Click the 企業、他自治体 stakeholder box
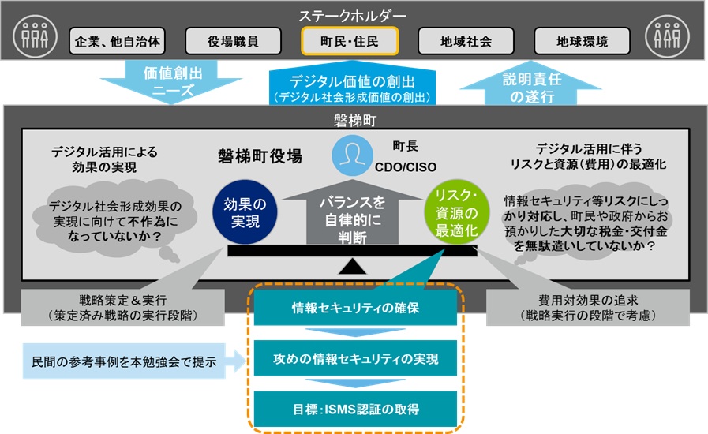pyautogui.click(x=117, y=41)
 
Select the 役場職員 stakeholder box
pyautogui.click(x=233, y=41)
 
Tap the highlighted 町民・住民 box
pyautogui.click(x=350, y=41)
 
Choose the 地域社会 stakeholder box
pyautogui.click(x=466, y=41)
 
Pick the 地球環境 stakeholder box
pyautogui.click(x=583, y=41)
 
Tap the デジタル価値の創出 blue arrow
pyautogui.click(x=353, y=86)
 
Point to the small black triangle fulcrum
pyautogui.click(x=353, y=266)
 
